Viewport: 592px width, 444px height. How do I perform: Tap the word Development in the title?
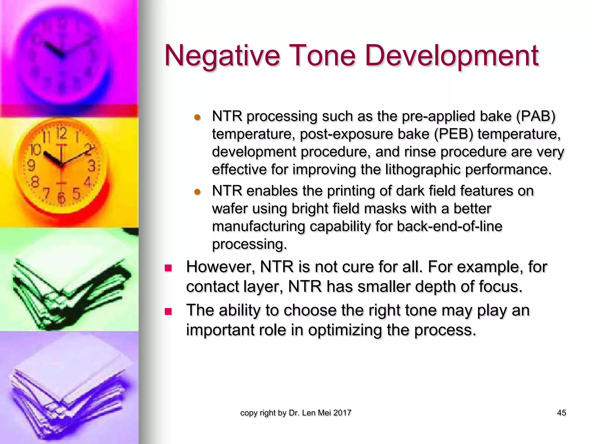click(x=452, y=55)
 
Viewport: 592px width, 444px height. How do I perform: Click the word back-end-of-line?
click(x=449, y=226)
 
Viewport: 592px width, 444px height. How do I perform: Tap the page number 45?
click(x=561, y=413)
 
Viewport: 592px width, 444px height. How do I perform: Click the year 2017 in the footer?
click(x=342, y=413)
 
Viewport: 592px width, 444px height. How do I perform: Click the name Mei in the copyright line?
click(x=324, y=413)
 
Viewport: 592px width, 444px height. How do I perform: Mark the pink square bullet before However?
click(x=168, y=268)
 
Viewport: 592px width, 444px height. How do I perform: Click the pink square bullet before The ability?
click(x=168, y=311)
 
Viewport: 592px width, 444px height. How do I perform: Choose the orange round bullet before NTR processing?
click(x=197, y=117)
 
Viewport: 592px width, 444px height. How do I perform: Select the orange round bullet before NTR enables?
click(x=197, y=192)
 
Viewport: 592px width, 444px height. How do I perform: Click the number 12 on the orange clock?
click(x=62, y=134)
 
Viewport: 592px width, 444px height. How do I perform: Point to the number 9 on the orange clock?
click(x=31, y=166)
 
